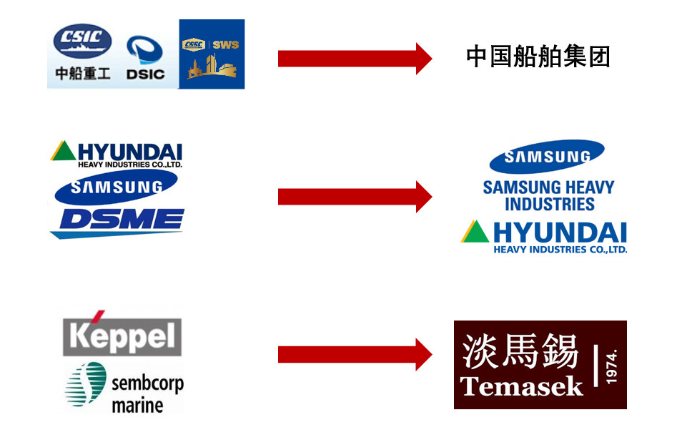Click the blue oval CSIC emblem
click(x=84, y=41)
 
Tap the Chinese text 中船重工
click(x=83, y=73)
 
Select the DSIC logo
click(x=145, y=58)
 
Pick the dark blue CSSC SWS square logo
click(x=212, y=54)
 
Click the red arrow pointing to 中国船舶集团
click(x=355, y=58)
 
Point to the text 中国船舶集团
click(x=538, y=57)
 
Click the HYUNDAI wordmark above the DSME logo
click(x=129, y=152)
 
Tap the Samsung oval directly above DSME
click(x=117, y=186)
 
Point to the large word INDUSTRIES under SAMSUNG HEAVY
click(x=549, y=204)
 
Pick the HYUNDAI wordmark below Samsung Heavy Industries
click(x=559, y=233)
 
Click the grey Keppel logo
click(x=122, y=334)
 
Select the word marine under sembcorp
click(x=137, y=404)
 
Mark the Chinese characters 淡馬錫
click(x=520, y=351)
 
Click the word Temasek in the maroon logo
click(x=522, y=387)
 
